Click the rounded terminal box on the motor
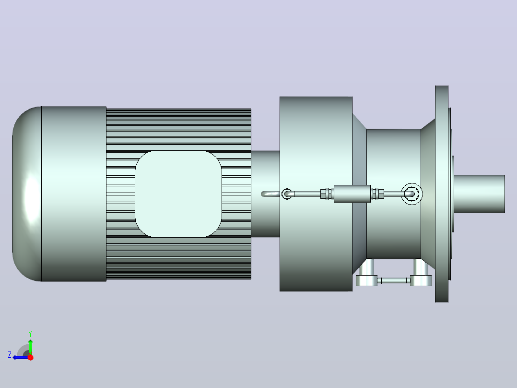(x=178, y=194)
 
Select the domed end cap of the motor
(x=27, y=194)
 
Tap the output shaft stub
(x=480, y=194)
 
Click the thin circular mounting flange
(x=442, y=194)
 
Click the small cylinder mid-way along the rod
(x=352, y=194)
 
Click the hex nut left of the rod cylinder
(x=326, y=194)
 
